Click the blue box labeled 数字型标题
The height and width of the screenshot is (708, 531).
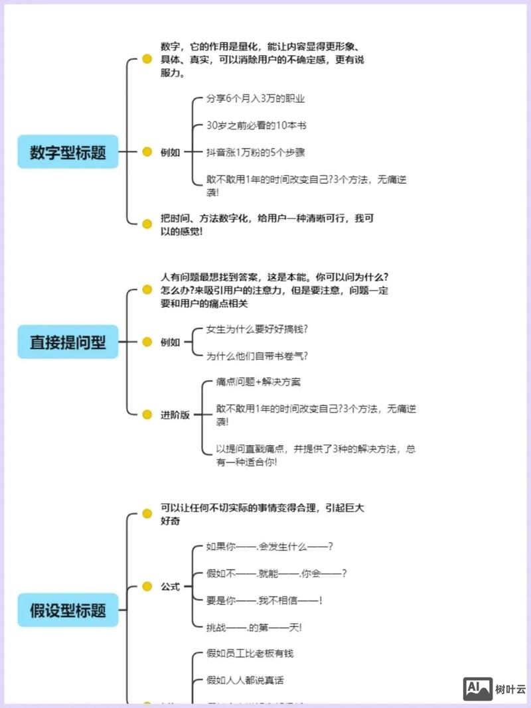click(68, 152)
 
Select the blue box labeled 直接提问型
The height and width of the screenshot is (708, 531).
click(68, 342)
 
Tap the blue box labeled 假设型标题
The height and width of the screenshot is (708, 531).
click(68, 610)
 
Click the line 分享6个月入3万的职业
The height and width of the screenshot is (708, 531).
click(256, 98)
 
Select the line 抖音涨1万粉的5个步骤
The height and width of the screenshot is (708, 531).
click(256, 153)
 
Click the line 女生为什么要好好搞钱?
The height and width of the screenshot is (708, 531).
click(258, 328)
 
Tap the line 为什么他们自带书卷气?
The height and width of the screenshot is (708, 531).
click(258, 356)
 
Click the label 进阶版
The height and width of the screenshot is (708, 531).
click(175, 415)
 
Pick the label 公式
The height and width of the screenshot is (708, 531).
click(170, 587)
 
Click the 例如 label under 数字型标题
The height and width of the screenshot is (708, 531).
click(170, 152)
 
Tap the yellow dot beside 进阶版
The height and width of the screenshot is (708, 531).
click(147, 415)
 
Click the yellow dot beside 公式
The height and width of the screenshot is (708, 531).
click(147, 587)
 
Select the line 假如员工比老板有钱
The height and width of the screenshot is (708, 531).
click(250, 653)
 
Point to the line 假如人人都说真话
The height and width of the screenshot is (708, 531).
click(246, 679)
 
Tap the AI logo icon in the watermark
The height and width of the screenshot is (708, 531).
click(477, 689)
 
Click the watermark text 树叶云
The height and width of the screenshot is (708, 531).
click(510, 690)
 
